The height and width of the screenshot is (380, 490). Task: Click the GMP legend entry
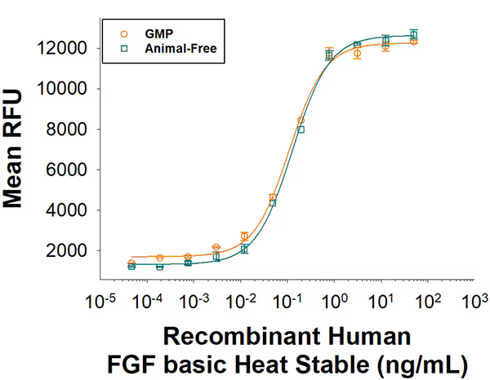155,33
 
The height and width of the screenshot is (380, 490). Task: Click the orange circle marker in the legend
123,33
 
